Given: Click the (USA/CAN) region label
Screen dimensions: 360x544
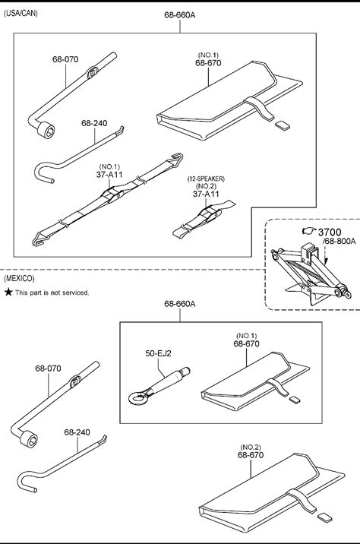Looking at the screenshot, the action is [x=21, y=14].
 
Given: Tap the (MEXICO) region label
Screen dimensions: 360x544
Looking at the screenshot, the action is [x=19, y=278].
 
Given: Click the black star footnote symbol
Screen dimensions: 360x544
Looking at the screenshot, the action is [x=8, y=292].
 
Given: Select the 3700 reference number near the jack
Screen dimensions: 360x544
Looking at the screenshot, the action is [x=330, y=232].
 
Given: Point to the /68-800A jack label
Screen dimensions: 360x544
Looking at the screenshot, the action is [x=339, y=241].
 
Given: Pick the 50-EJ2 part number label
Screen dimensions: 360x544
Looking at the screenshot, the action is [x=158, y=353].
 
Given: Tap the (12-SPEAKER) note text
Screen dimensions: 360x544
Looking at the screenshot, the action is [x=206, y=179].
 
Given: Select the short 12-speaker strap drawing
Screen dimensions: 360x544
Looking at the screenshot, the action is [x=204, y=220].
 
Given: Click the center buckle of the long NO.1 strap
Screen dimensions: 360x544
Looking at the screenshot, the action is [x=112, y=195].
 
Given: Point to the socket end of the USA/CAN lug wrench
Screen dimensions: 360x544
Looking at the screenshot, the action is [x=46, y=130].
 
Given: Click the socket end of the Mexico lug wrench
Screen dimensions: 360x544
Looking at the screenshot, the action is [x=29, y=439].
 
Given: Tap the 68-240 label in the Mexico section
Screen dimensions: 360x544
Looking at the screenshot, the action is [x=77, y=432].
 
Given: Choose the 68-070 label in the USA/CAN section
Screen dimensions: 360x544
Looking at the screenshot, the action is [x=65, y=59].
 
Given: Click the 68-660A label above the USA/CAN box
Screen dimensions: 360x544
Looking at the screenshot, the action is [x=180, y=15].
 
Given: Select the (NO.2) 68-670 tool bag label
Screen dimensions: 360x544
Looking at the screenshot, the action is [x=251, y=451].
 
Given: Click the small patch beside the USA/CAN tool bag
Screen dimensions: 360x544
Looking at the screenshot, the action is [x=281, y=125].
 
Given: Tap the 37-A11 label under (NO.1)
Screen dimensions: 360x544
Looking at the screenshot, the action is [x=109, y=175].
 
